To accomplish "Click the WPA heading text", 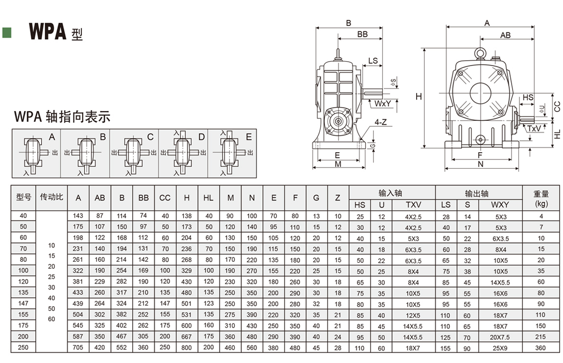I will coord(47,31).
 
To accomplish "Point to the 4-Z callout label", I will coord(380,122).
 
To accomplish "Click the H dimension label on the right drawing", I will coord(419,97).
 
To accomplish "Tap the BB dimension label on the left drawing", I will coord(362,34).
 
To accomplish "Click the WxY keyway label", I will coord(383,104).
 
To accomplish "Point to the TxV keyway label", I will coord(534,128).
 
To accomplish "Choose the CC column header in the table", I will coord(165,198).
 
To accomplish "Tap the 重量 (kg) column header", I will coord(541,198).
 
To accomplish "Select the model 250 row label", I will coord(23,347).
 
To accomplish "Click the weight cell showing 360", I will coord(541,348).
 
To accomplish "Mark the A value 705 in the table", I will coord(78,348).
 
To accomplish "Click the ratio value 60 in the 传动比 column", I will coord(51,319).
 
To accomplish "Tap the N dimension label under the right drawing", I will coord(481,164).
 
